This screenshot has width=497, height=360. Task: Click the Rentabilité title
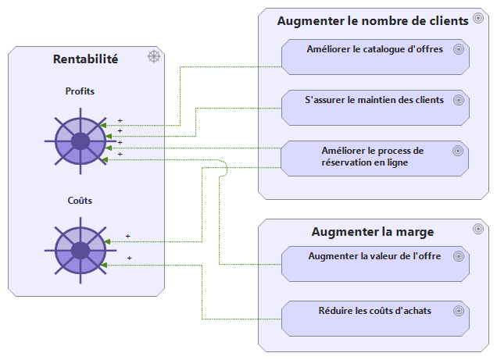[85, 59]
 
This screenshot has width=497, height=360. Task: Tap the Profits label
[80, 91]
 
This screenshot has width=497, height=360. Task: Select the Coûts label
[80, 201]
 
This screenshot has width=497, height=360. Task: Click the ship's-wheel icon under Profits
[80, 141]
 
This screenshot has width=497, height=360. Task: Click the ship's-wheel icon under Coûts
[80, 250]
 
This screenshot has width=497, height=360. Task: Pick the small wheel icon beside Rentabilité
[154, 56]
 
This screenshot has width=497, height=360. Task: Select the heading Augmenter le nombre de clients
[373, 20]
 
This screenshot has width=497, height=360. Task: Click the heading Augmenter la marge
[373, 231]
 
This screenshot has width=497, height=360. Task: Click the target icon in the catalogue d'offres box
[459, 49]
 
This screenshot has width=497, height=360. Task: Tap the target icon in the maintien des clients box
[459, 100]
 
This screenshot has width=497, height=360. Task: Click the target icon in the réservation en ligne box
[459, 151]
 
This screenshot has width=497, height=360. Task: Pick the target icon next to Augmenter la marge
[478, 229]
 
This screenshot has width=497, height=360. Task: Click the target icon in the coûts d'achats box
[459, 311]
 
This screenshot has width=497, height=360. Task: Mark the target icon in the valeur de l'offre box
[459, 256]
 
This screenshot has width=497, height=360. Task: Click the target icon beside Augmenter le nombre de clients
[478, 19]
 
